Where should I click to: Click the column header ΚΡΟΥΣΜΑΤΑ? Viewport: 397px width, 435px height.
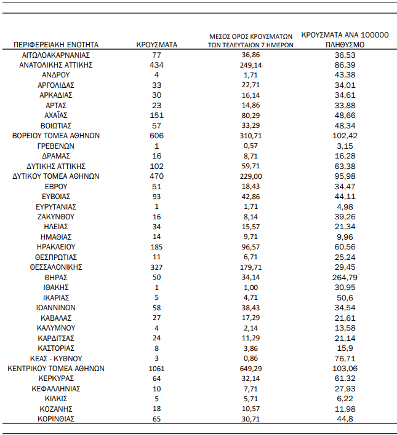point(156,44)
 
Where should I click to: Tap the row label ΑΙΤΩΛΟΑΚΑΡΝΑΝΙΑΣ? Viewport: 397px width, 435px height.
point(55,55)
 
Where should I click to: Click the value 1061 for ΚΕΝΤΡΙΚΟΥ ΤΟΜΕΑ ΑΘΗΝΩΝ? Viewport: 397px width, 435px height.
point(156,369)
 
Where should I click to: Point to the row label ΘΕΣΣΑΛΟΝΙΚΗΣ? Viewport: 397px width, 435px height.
point(55,267)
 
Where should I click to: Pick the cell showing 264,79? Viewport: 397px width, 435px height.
point(345,277)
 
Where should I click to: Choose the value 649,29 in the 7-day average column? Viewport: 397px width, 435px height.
point(249,369)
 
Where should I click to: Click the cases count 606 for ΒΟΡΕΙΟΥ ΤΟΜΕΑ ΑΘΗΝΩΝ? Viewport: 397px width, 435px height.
point(156,136)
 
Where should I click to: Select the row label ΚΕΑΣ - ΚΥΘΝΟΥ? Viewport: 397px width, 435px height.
point(55,358)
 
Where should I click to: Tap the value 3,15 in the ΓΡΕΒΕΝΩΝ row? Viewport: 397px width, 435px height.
point(345,146)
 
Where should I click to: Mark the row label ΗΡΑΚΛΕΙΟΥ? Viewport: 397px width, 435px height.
point(55,247)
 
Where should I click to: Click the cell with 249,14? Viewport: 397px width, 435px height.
point(249,65)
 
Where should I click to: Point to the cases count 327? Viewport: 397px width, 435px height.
point(156,267)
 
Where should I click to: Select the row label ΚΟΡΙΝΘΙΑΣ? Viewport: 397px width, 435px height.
point(55,419)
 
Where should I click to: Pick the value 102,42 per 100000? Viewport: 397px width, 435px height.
point(345,136)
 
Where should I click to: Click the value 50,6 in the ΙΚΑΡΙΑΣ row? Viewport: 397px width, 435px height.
point(345,297)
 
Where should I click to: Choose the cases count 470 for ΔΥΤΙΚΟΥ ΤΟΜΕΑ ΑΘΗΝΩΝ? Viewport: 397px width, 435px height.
point(156,176)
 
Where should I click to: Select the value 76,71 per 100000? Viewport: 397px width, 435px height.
point(345,358)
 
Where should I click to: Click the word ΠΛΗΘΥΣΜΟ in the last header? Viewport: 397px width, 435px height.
point(345,45)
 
